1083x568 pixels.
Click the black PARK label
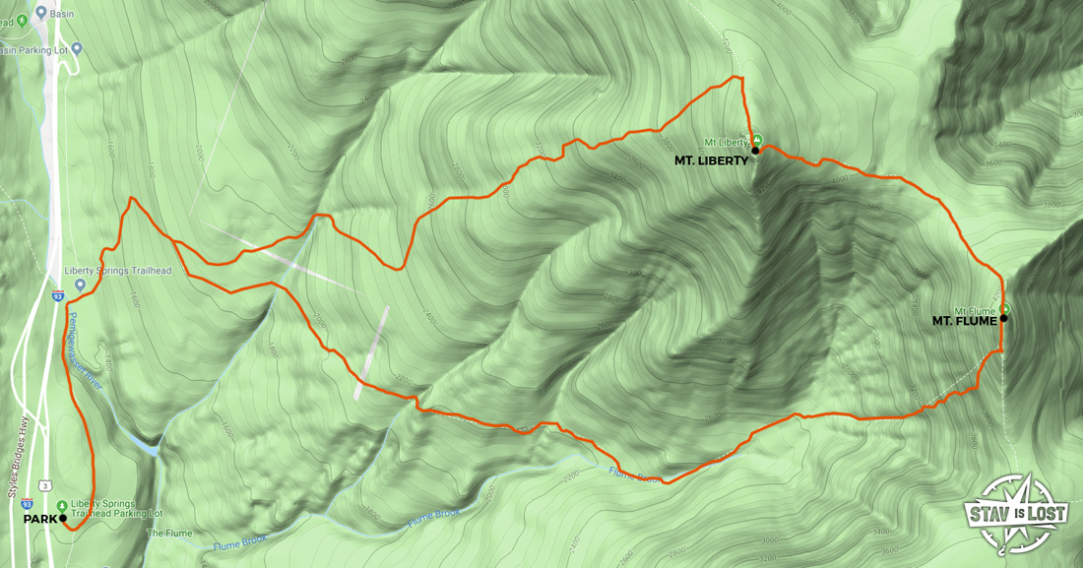click(x=39, y=517)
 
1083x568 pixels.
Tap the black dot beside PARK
click(x=62, y=517)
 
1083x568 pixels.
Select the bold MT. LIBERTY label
click(x=712, y=159)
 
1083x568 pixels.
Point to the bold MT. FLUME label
click(x=964, y=320)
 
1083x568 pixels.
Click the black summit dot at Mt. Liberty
click(x=755, y=151)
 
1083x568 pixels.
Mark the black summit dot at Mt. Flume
click(x=1003, y=318)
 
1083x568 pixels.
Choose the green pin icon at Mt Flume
click(x=1005, y=308)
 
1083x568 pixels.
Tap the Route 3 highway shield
click(x=46, y=485)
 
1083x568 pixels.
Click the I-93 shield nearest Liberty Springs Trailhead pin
click(x=59, y=295)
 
